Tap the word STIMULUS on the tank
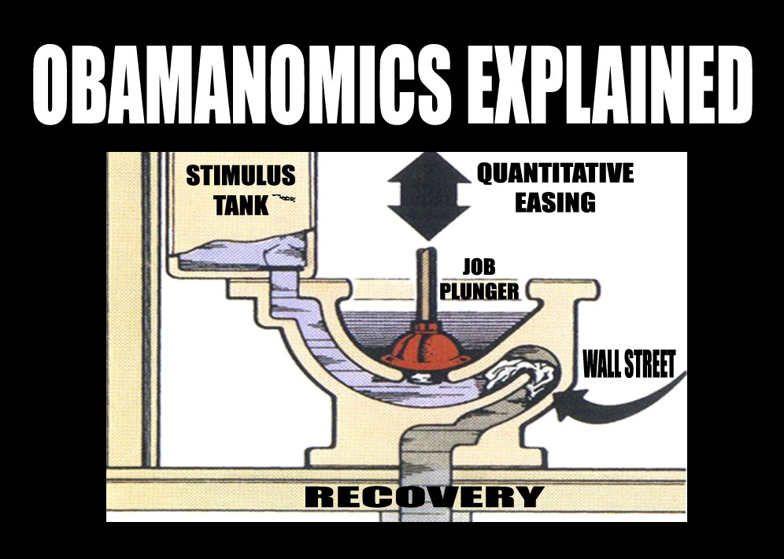(x=241, y=175)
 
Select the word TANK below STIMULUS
(x=240, y=205)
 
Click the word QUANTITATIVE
(x=555, y=173)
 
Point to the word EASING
(x=555, y=203)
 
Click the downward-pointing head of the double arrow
(x=429, y=220)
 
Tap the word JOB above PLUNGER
(x=479, y=267)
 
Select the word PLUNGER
(x=479, y=291)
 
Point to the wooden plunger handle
(x=427, y=283)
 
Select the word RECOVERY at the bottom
(x=423, y=497)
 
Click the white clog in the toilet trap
(x=520, y=376)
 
